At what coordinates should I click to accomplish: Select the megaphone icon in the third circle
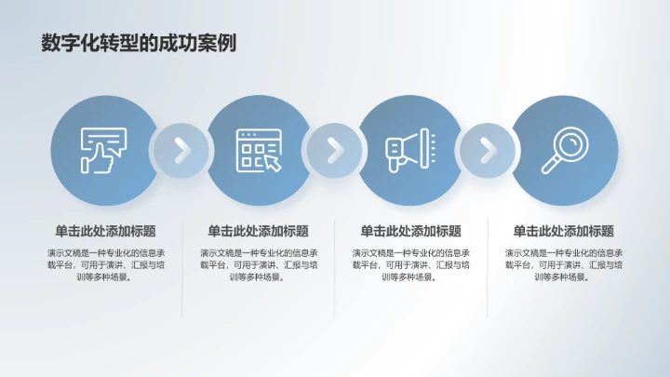410,149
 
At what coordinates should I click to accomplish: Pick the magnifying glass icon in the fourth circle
565,149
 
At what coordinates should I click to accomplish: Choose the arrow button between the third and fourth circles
488,149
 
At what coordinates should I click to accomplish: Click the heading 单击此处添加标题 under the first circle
105,231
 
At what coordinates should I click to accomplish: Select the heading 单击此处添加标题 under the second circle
258,231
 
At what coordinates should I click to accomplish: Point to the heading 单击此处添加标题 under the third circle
410,231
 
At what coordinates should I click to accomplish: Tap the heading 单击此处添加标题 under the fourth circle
564,231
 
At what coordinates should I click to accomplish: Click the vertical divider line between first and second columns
181,270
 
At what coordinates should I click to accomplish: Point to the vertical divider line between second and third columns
335,270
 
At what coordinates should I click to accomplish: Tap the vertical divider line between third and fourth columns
488,270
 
